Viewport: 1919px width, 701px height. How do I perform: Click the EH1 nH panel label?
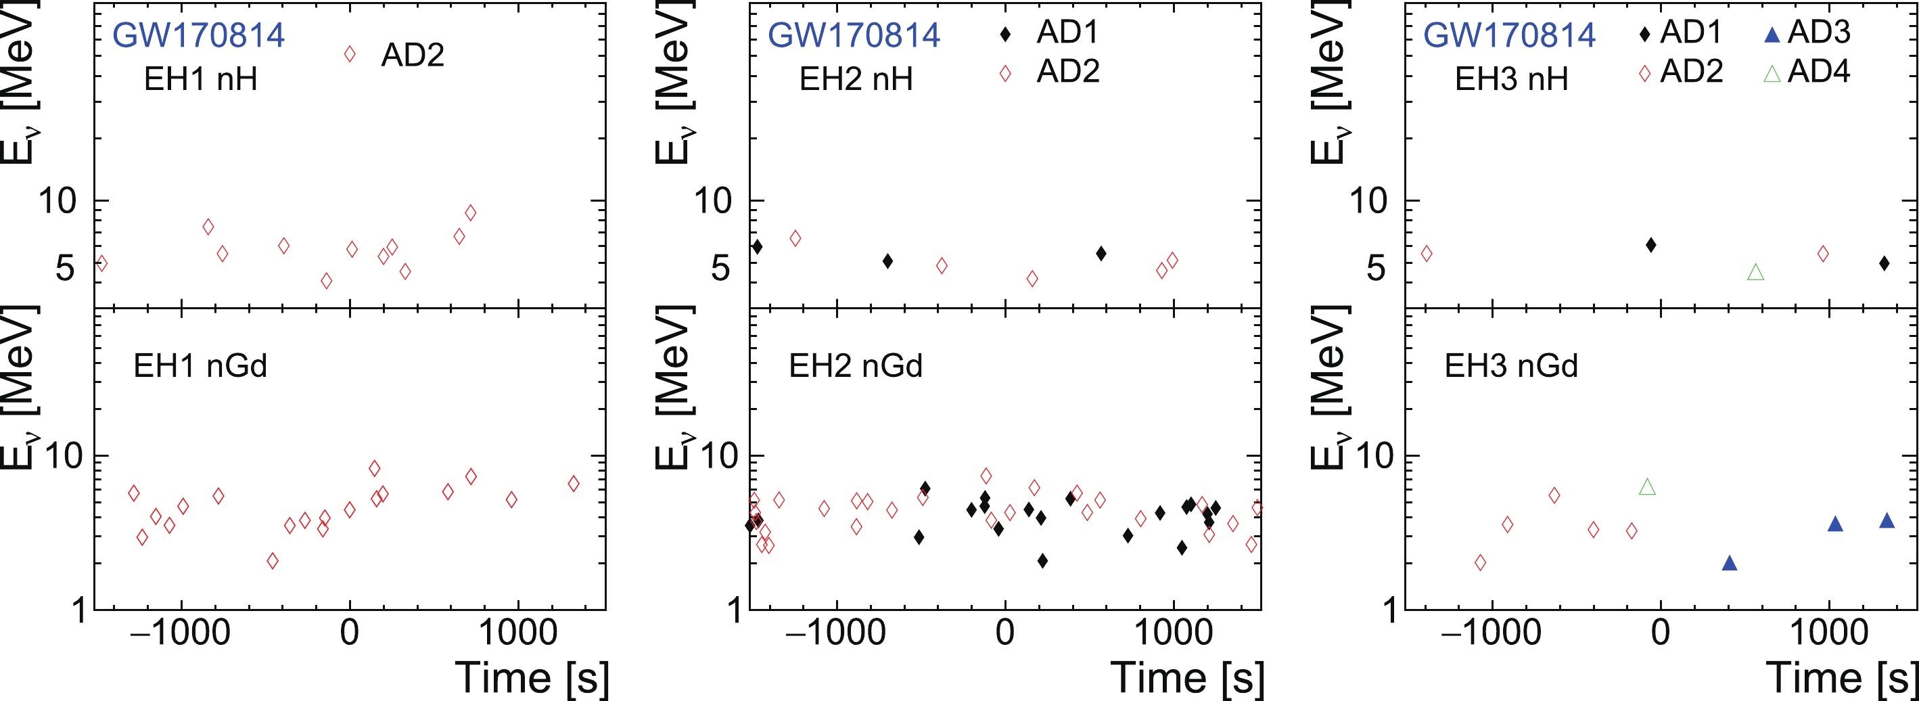[x=200, y=79]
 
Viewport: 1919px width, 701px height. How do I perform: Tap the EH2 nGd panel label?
[x=855, y=366]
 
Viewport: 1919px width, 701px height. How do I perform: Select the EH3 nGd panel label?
[x=1510, y=366]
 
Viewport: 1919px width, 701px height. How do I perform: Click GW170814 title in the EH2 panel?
[x=854, y=35]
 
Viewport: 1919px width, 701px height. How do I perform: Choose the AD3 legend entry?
[x=1807, y=32]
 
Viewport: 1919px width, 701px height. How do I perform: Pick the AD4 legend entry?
[x=1807, y=72]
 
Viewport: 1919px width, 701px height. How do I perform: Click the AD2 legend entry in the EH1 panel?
[x=396, y=55]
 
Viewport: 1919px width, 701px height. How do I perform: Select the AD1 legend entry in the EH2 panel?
[x=1050, y=32]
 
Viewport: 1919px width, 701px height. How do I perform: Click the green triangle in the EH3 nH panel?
[x=1755, y=273]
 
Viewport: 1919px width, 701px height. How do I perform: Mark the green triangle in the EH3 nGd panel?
[x=1647, y=487]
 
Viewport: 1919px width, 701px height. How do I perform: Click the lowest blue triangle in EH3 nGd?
[x=1730, y=563]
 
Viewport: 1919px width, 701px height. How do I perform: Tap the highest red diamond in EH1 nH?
[x=470, y=213]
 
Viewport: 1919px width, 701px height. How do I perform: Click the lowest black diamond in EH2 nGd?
[x=1042, y=561]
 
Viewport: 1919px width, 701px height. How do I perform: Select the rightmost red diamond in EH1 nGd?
[x=573, y=484]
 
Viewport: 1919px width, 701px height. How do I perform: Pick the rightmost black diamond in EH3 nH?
[x=1884, y=263]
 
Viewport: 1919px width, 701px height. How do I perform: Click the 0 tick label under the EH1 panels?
[x=350, y=633]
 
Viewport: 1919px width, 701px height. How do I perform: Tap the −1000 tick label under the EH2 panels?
[x=835, y=633]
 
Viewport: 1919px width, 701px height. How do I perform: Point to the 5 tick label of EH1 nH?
[x=65, y=267]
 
